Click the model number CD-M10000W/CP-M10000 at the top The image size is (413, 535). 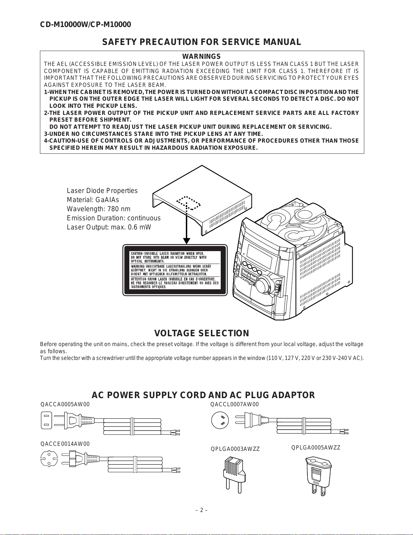point(85,25)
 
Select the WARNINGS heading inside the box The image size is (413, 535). point(201,56)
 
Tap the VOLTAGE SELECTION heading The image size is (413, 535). point(201,333)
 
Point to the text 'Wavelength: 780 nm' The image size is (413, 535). point(99,209)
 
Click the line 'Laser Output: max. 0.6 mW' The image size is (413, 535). point(109,227)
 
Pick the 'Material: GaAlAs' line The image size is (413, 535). point(93,200)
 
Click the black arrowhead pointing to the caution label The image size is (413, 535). point(187,241)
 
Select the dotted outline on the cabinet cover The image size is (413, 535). point(188,203)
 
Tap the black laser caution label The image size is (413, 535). point(175,270)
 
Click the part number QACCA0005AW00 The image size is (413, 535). point(65,405)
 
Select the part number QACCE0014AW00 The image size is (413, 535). point(65,444)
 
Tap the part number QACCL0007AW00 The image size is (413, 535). point(234,405)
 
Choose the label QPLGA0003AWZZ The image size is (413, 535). point(235,449)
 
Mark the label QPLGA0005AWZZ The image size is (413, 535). point(316,447)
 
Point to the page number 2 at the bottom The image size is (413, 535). point(201,510)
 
